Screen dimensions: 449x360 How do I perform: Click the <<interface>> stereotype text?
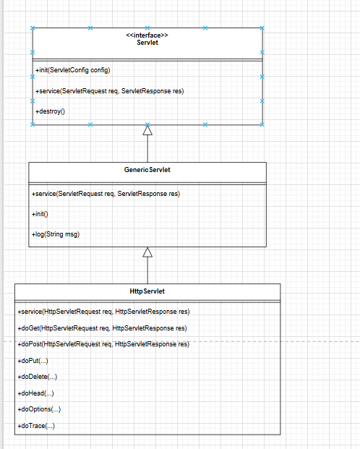147,35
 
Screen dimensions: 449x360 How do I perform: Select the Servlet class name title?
147,43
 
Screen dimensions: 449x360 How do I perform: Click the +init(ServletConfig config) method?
72,70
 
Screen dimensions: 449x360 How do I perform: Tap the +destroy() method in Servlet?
50,112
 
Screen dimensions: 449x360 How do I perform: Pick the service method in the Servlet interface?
108,91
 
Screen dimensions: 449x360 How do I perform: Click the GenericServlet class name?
147,170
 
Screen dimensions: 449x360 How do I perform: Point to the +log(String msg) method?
56,234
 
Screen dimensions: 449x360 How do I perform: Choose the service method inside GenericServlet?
106,194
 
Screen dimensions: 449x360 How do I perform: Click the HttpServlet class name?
147,291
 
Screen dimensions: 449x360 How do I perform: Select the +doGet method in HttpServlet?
102,328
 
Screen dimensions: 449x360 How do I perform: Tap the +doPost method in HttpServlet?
103,344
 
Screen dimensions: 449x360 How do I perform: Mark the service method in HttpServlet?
103,312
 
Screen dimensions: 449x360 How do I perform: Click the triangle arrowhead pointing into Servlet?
147,131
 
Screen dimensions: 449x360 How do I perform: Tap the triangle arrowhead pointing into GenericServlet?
147,252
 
